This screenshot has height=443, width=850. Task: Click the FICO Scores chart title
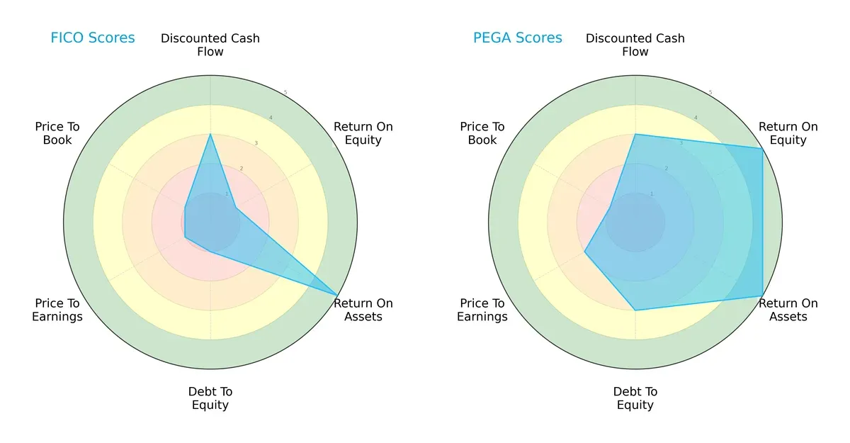click(x=92, y=38)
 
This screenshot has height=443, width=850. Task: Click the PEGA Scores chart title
click(x=517, y=38)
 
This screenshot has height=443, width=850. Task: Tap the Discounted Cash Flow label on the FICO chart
click(x=210, y=45)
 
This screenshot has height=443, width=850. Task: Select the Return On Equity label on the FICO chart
click(x=363, y=133)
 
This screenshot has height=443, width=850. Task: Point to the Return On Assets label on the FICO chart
click(x=363, y=310)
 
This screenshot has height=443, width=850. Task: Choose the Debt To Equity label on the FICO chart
click(x=210, y=398)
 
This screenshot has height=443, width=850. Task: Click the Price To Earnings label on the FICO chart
click(x=57, y=310)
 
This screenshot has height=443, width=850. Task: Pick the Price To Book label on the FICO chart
click(x=57, y=133)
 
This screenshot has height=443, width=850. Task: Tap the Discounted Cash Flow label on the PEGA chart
click(x=635, y=45)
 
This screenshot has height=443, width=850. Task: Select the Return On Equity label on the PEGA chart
click(x=788, y=133)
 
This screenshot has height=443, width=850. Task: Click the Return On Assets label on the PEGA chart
click(x=788, y=310)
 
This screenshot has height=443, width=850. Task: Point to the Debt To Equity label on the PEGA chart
click(x=635, y=398)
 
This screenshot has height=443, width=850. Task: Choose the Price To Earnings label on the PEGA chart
click(x=482, y=310)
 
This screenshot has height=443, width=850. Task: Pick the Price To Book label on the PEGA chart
click(x=482, y=133)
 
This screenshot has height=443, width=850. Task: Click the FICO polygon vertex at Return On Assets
click(x=337, y=295)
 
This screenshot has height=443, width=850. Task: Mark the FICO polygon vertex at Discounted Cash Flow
click(x=210, y=134)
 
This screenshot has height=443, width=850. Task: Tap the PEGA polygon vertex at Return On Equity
click(x=762, y=149)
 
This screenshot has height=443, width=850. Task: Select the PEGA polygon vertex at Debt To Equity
click(x=635, y=310)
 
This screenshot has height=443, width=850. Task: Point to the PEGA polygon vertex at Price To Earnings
click(x=584, y=252)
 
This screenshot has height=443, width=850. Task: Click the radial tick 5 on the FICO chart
click(x=285, y=93)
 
